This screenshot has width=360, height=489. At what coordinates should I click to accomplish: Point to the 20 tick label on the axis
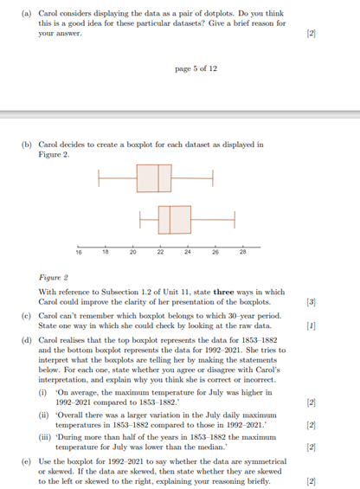(x=133, y=253)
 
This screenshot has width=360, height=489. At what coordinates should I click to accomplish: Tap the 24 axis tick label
(x=188, y=253)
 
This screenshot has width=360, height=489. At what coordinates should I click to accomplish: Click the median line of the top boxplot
(x=158, y=177)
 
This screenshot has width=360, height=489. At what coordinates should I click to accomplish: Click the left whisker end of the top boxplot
(x=100, y=177)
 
